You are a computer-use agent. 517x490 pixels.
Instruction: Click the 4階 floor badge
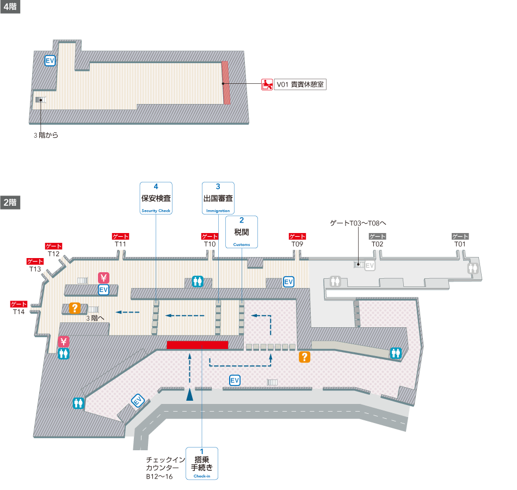(10, 8)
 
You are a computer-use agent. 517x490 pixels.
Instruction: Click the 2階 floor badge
(10, 202)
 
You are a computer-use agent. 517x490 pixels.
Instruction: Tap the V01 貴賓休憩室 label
(300, 84)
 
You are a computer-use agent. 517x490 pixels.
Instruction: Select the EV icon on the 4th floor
(50, 61)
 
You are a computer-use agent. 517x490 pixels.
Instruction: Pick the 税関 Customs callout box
(241, 232)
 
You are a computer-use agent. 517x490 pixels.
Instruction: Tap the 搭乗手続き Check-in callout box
(202, 463)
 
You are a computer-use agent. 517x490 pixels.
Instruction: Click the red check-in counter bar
(197, 345)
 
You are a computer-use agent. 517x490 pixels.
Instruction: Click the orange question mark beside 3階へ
(75, 308)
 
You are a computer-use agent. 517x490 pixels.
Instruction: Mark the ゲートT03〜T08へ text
(358, 223)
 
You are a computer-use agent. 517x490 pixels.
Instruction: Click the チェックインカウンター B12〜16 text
(162, 468)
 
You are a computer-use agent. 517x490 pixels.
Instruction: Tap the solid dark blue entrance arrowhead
(189, 395)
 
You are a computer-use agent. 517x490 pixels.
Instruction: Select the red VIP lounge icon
(267, 84)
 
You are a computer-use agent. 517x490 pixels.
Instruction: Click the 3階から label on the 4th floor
(45, 135)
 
